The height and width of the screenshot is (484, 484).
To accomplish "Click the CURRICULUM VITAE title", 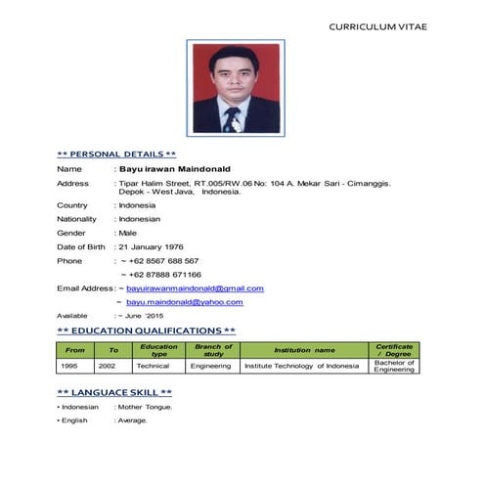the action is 377,25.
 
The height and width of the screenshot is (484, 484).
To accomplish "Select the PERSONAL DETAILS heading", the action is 117,154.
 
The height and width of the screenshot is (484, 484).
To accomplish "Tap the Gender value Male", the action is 127,233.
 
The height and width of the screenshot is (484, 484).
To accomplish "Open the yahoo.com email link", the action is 186,303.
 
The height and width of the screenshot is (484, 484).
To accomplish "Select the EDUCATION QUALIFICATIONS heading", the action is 146,331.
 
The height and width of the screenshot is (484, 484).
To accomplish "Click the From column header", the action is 74,350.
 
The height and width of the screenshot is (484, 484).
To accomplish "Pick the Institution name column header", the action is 303,350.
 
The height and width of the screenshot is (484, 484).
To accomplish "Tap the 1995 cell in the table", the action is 69,366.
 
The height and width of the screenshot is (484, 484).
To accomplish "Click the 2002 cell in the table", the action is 107,366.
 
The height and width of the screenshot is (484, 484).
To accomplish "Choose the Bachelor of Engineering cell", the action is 394,366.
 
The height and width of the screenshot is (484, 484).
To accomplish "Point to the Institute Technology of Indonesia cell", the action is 301,366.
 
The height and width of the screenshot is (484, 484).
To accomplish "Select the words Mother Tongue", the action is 146,407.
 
